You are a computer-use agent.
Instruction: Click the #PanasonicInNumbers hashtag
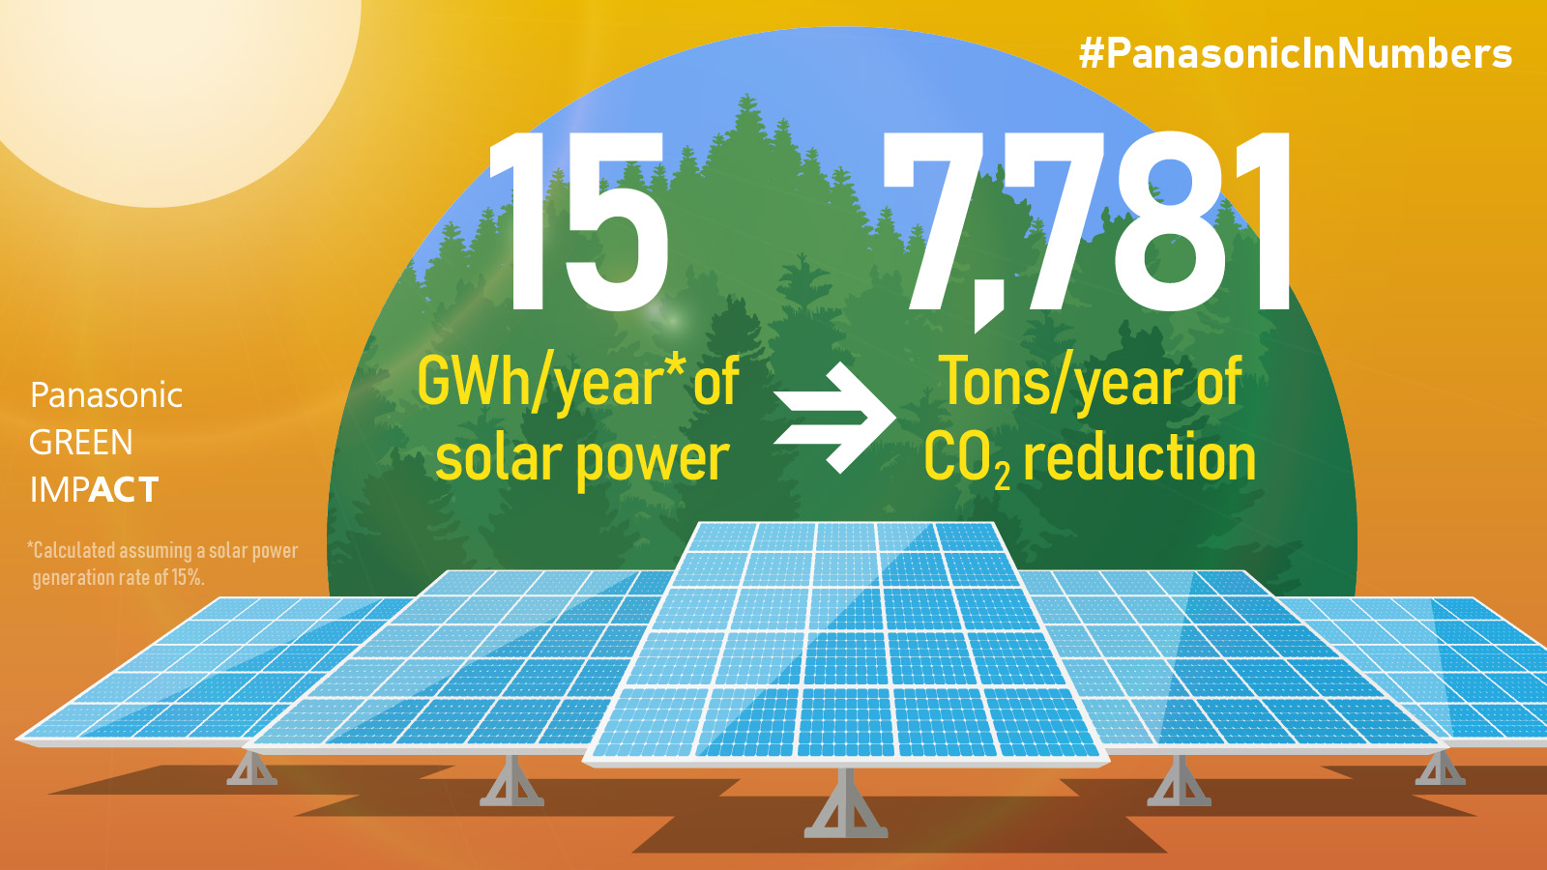pyautogui.click(x=1296, y=54)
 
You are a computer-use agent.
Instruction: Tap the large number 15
pyautogui.click(x=579, y=221)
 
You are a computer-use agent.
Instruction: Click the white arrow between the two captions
pyautogui.click(x=835, y=418)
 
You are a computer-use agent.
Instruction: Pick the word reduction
pyautogui.click(x=1140, y=458)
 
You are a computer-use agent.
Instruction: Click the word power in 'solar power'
pyautogui.click(x=653, y=461)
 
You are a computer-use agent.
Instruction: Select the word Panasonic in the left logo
pyautogui.click(x=106, y=395)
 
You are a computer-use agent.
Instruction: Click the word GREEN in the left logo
pyautogui.click(x=81, y=443)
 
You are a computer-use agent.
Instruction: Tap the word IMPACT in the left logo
pyautogui.click(x=94, y=489)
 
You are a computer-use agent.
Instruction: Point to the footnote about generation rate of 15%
pyautogui.click(x=163, y=565)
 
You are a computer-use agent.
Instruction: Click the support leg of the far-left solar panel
pyautogui.click(x=251, y=768)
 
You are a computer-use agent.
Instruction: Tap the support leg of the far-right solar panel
pyautogui.click(x=1440, y=768)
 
